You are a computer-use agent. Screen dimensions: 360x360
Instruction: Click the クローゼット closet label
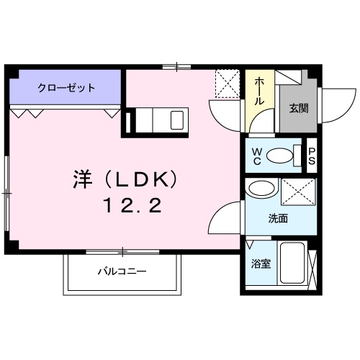[x=66, y=88]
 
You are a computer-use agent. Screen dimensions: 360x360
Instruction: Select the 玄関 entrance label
[x=299, y=109]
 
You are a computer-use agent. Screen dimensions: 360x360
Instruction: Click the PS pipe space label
[x=312, y=156]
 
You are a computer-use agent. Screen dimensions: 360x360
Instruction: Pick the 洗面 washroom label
[x=278, y=218]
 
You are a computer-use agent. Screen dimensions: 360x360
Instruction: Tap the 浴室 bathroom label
[x=260, y=264]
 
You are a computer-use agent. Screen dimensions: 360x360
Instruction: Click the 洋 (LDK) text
[x=124, y=177]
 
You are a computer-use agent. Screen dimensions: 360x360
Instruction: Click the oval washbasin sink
[x=260, y=190]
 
